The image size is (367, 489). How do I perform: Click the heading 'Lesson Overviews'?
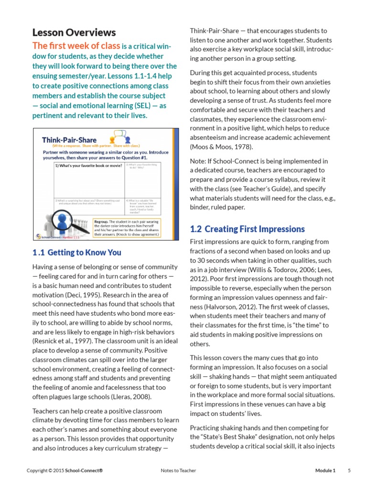[x=74, y=32]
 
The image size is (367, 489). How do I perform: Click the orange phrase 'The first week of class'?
[x=76, y=46]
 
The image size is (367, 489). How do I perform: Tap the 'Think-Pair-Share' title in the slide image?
[x=70, y=139]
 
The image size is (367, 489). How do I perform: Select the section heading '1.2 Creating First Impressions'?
[x=247, y=229]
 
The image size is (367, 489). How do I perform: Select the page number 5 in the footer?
[x=349, y=470]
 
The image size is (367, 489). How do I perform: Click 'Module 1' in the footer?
[x=325, y=470]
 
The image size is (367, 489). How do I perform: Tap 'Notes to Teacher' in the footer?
[x=178, y=470]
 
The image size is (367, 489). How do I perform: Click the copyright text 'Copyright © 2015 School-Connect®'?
[x=65, y=470]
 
